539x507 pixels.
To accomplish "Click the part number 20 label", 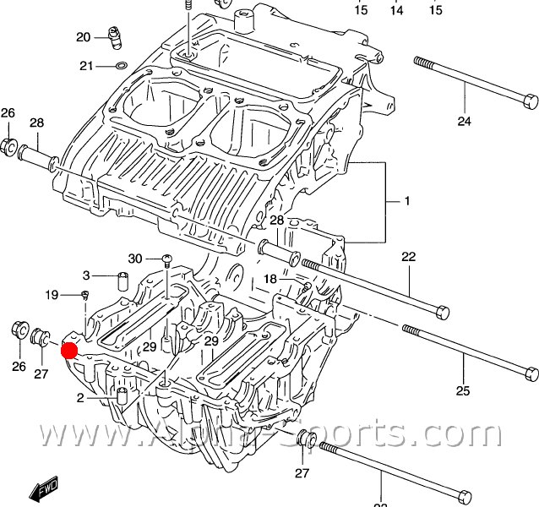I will pos(83,37).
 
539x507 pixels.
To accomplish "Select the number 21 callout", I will pos(86,66).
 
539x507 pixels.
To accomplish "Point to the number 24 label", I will pos(464,122).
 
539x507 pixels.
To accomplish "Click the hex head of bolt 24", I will pos(531,101).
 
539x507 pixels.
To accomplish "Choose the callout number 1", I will pos(406,202).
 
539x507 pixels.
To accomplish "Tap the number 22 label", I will pos(409,257).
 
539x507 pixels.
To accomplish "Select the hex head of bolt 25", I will pos(531,373).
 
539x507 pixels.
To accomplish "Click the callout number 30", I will pos(135,259).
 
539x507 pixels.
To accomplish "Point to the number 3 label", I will pos(85,275).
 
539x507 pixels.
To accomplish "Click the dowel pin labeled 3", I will pos(121,280).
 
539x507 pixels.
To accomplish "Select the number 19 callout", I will pos(52,295).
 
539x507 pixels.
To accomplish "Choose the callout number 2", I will pos(80,398).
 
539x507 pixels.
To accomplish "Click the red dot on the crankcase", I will pos(69,350).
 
